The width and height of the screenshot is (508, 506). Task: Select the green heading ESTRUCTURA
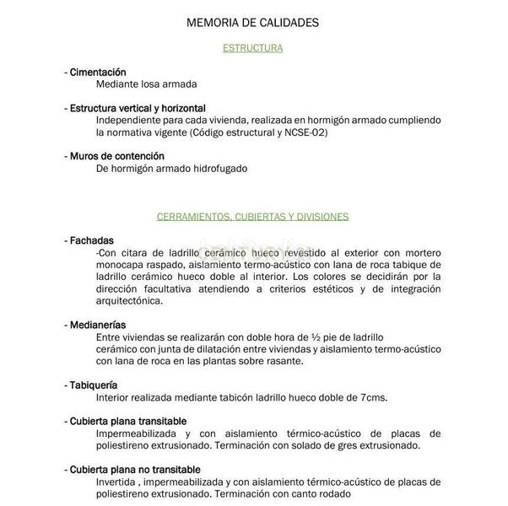pyautogui.click(x=252, y=48)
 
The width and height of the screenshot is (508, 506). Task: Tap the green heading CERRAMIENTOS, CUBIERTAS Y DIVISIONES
pyautogui.click(x=252, y=217)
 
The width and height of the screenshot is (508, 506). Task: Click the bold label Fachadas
pyautogui.click(x=93, y=240)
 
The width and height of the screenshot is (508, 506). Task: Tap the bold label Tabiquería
pyautogui.click(x=96, y=385)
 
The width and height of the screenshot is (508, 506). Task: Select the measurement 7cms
pyautogui.click(x=374, y=397)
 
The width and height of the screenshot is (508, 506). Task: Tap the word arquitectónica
pyautogui.click(x=130, y=300)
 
